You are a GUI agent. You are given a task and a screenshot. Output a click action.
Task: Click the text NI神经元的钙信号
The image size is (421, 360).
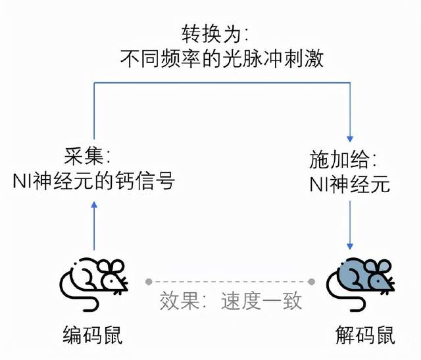pyautogui.click(x=93, y=180)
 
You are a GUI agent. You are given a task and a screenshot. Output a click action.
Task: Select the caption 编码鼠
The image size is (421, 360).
pyautogui.click(x=93, y=336)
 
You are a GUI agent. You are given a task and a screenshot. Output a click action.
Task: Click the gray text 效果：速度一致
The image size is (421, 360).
pyautogui.click(x=231, y=301)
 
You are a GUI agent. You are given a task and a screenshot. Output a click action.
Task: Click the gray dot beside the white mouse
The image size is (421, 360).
pyautogui.click(x=149, y=282)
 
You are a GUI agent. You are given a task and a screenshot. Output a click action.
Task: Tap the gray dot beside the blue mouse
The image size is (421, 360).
pyautogui.click(x=312, y=282)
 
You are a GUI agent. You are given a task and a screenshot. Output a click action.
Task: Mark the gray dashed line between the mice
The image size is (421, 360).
pyautogui.click(x=230, y=282)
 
